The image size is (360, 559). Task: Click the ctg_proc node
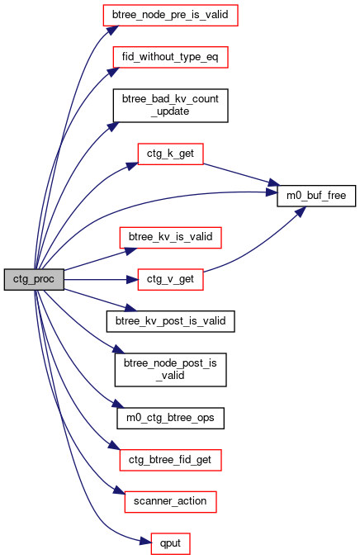coord(34,279)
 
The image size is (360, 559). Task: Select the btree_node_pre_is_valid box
coord(170,16)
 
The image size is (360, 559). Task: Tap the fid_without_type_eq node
coord(170,57)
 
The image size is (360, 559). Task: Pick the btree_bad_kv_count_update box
coord(170,106)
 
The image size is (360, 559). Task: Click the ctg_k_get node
coord(170,154)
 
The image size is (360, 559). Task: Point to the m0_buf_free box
coord(316,196)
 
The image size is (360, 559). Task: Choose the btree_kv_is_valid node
coord(170,238)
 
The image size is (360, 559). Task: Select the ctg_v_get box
coord(170,279)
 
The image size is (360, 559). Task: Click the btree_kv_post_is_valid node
coord(170,321)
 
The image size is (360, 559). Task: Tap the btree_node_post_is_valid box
coord(170,370)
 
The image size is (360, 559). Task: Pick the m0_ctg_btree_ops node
coord(170,418)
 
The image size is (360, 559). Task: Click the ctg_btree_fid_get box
coord(170,460)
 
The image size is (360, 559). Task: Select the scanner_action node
coord(170,502)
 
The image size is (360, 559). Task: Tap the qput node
coord(170,544)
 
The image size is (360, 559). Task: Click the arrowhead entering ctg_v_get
coord(133,279)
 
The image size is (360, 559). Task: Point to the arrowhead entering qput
coord(145,542)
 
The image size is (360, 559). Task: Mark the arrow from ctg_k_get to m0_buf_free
coord(240,175)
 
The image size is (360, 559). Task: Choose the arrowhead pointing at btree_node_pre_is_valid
coord(112,30)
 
